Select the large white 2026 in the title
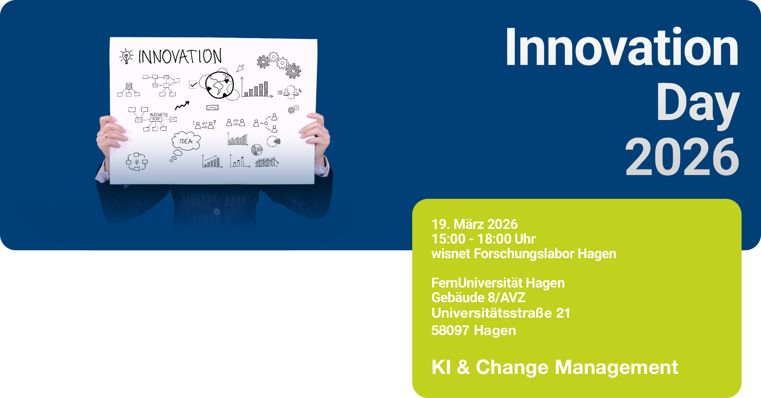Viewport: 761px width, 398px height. (x=682, y=157)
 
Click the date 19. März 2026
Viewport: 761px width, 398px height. (x=474, y=224)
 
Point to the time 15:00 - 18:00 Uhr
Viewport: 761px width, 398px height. (x=484, y=239)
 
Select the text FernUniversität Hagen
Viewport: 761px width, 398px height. (x=498, y=283)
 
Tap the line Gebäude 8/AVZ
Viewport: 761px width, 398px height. (x=478, y=297)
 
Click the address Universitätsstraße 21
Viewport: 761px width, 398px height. (x=501, y=313)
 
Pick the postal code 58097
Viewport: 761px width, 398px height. (x=450, y=330)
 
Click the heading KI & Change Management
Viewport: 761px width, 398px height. (x=555, y=367)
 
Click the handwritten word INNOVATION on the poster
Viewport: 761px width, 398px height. (x=180, y=56)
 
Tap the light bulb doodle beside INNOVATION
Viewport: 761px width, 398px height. (x=126, y=56)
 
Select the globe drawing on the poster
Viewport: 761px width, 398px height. (x=220, y=85)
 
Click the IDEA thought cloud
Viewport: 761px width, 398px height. (x=186, y=141)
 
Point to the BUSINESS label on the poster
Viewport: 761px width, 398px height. (x=159, y=115)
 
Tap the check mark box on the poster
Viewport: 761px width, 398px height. (x=193, y=84)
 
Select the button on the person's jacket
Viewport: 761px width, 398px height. (x=216, y=212)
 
